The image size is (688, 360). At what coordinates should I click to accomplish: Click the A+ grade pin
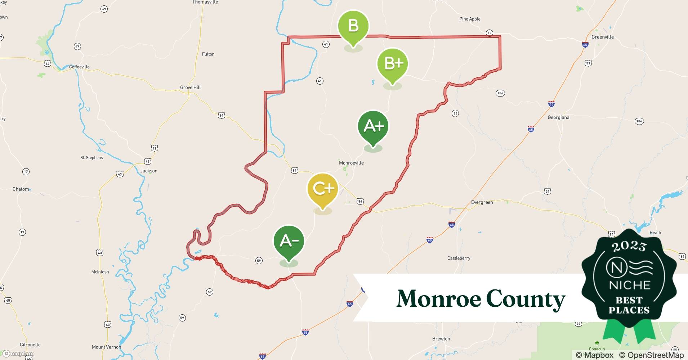(373, 126)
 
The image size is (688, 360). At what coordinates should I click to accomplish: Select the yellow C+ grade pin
(322, 189)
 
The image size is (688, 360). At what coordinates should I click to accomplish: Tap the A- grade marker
(289, 241)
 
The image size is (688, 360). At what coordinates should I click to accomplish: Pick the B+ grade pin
(393, 64)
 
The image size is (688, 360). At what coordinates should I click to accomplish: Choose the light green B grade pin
(353, 26)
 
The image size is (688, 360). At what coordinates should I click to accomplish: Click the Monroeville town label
(351, 163)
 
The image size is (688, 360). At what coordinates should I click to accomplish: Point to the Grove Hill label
(190, 87)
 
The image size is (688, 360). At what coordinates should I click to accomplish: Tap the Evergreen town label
(482, 202)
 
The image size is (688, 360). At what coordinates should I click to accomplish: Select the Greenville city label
(602, 37)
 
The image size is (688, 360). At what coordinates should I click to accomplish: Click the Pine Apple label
(470, 19)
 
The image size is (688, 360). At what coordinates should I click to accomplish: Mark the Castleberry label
(459, 258)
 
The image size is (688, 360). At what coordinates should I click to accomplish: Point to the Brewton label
(441, 339)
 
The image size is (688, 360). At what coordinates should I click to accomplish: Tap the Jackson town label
(149, 171)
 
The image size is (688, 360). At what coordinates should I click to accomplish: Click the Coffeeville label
(79, 67)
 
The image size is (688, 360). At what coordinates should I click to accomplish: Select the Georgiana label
(558, 117)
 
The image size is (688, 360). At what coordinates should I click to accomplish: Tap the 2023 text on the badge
(629, 246)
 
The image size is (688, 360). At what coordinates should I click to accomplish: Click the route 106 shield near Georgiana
(639, 121)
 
